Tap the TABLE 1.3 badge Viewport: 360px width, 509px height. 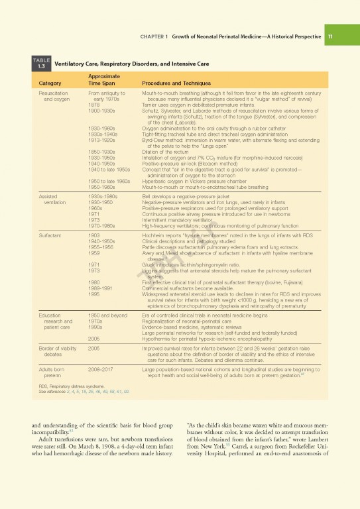point(41,64)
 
